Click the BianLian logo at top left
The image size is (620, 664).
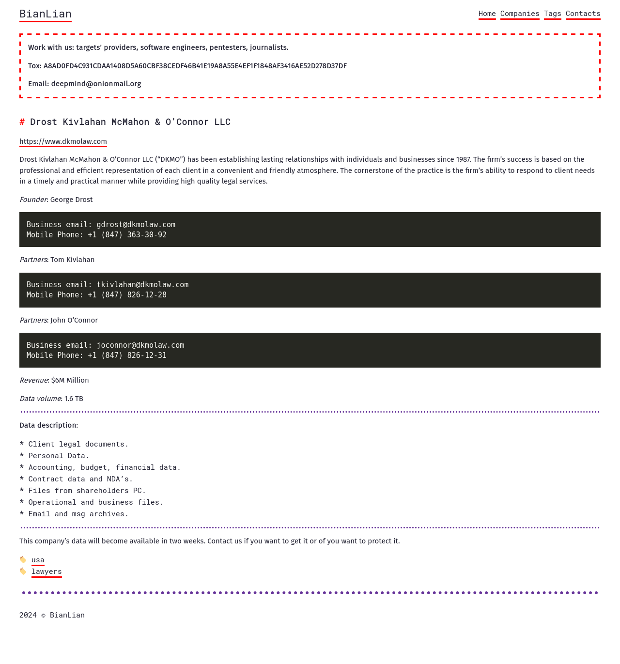click(46, 14)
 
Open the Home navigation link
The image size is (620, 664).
click(487, 14)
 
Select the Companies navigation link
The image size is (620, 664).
click(520, 14)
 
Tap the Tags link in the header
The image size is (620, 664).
click(552, 14)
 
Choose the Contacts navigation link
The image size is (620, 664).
click(583, 14)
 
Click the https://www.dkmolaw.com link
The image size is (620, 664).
click(63, 141)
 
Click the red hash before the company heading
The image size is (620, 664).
click(22, 122)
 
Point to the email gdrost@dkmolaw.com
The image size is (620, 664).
click(136, 225)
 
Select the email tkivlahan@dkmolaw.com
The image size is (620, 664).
click(142, 285)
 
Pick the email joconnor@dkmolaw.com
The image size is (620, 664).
click(140, 345)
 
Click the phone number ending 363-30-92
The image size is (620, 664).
click(127, 235)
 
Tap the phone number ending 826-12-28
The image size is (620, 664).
click(127, 295)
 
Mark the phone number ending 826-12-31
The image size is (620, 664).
click(127, 355)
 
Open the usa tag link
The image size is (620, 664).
click(38, 560)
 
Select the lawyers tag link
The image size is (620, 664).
click(46, 571)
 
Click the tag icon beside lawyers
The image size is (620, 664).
click(23, 571)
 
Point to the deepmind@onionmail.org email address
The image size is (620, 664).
click(96, 84)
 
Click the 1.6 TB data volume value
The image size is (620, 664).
click(74, 399)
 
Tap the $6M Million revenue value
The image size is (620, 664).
click(70, 380)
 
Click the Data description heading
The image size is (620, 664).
click(48, 425)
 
